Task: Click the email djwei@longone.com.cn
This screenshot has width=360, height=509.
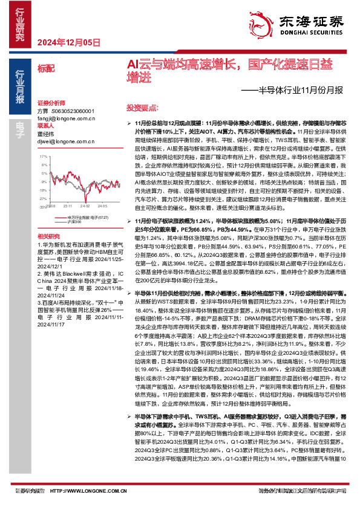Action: (63, 140)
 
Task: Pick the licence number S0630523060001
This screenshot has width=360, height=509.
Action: (71, 112)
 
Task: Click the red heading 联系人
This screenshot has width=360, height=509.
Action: (45, 127)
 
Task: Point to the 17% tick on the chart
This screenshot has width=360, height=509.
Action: (43, 156)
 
